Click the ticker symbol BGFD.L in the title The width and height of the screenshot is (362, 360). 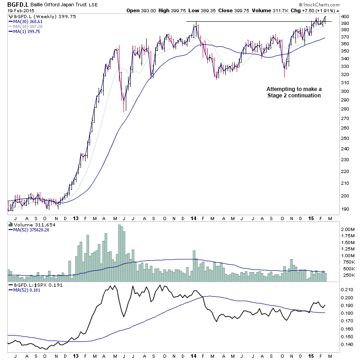point(16,4)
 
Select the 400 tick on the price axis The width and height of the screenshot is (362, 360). point(345,16)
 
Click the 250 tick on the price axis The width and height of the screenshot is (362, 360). point(345,139)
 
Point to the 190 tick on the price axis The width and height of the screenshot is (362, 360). point(345,209)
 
